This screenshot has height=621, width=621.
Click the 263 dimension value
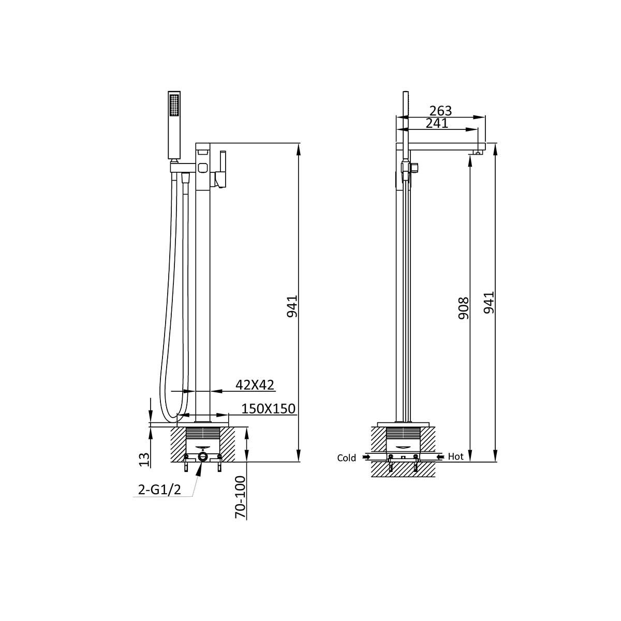pos(440,111)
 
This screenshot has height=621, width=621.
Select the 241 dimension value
pos(437,123)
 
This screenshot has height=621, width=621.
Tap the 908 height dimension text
pos(464,308)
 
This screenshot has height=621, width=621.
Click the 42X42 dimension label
pos(255,385)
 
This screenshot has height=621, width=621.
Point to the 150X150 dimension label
pos(269,409)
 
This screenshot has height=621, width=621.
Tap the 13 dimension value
pos(145,460)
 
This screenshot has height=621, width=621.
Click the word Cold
pos(346,458)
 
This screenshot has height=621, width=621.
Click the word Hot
pos(456,456)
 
